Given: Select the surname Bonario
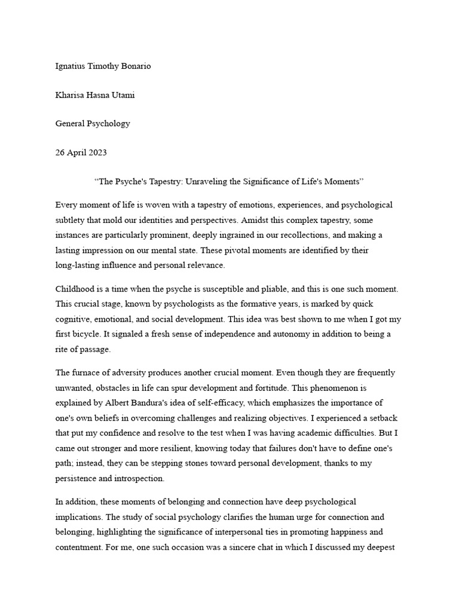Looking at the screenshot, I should coord(134,66).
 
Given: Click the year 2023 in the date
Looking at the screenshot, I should coord(97,152).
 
